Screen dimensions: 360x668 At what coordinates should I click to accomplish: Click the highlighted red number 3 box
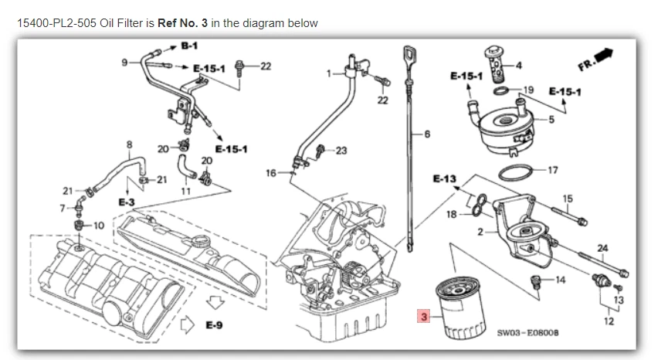422,316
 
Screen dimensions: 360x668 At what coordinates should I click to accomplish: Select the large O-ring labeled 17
516,172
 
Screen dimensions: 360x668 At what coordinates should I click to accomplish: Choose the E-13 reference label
444,178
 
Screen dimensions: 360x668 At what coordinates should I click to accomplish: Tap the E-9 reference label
214,326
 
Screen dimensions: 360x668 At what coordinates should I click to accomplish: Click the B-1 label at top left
189,46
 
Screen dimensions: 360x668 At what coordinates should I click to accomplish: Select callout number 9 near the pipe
124,62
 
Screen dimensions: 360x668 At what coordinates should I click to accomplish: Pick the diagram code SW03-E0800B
528,332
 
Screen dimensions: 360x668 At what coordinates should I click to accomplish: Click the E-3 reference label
127,201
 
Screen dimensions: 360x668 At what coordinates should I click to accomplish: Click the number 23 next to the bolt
341,150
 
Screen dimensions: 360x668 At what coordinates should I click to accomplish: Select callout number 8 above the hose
129,143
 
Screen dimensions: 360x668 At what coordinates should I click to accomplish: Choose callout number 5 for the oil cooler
551,119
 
